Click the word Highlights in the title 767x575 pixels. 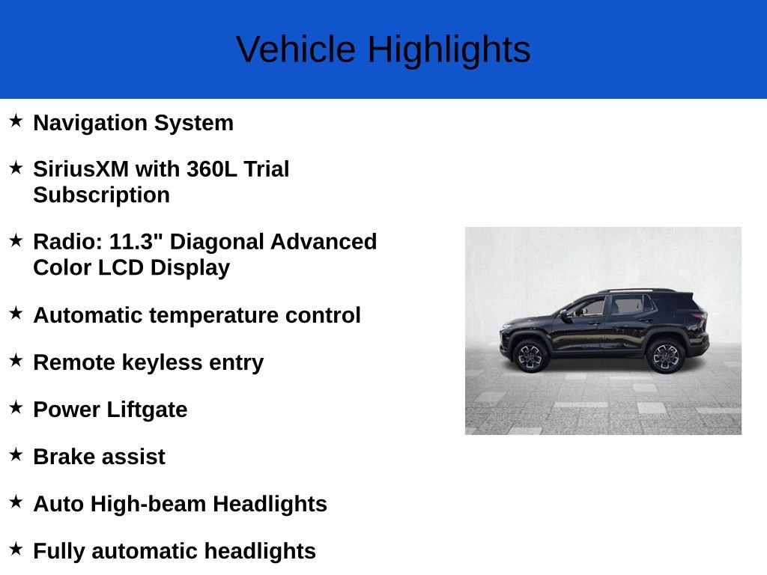449,49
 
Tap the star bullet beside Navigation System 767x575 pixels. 16,121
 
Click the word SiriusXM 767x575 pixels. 81,169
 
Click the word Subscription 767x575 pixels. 101,195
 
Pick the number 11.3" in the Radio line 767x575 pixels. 139,242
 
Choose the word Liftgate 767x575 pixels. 147,410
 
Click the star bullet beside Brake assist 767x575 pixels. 16,454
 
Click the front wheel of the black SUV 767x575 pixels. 530,356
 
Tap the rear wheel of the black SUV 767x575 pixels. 665,356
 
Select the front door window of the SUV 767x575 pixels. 589,307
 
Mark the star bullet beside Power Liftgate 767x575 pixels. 16,407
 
